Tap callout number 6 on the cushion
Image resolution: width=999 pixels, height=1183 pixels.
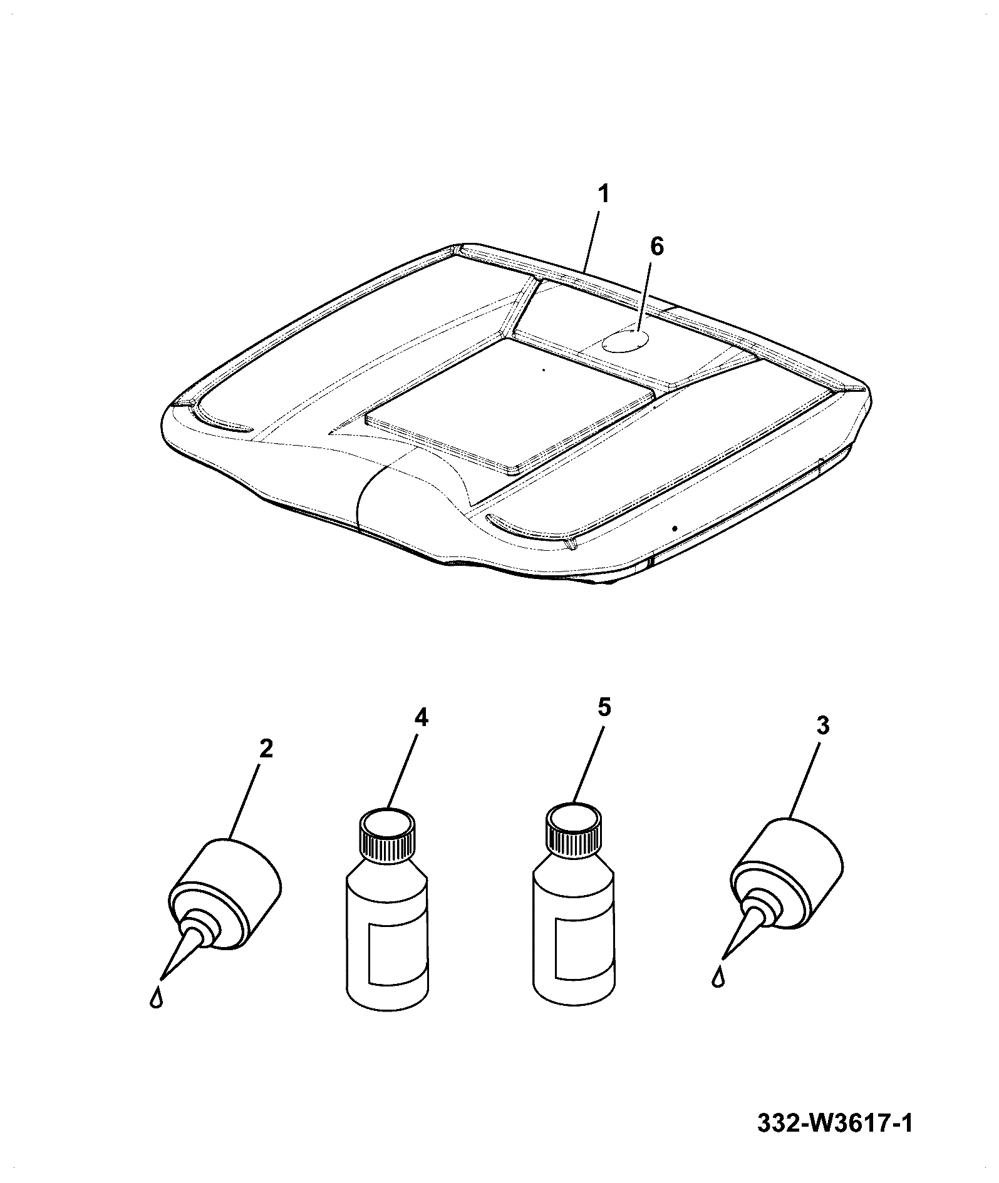655,247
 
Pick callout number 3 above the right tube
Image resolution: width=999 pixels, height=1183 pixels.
823,726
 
